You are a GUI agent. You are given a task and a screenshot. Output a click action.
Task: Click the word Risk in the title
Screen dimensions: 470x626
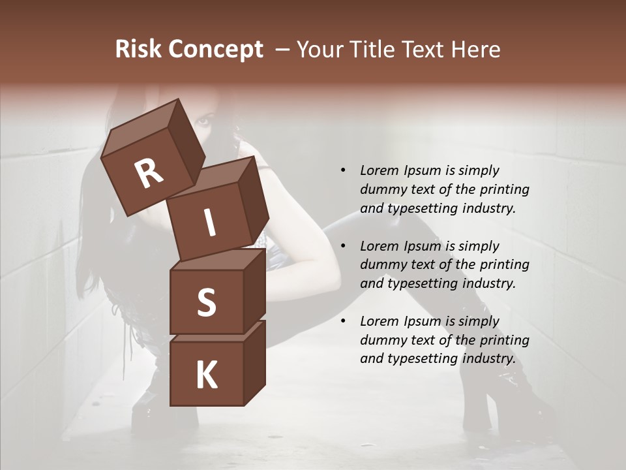(138, 50)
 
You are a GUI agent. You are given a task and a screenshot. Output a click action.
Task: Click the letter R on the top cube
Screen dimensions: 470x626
(149, 174)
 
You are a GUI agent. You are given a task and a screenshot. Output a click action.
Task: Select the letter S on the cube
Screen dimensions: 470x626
(206, 303)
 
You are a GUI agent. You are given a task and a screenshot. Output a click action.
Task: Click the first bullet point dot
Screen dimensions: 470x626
(343, 170)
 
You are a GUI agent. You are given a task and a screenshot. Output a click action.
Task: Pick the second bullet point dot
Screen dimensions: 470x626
(343, 246)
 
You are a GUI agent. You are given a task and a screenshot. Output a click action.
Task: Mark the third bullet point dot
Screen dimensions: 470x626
(343, 321)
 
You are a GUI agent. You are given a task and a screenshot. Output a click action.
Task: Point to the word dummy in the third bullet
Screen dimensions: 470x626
(381, 340)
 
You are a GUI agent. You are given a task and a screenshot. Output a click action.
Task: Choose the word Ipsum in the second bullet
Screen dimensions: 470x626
(423, 246)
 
